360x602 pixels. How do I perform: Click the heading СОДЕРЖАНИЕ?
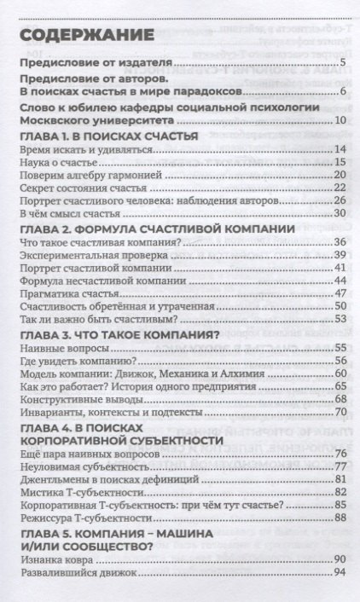81,35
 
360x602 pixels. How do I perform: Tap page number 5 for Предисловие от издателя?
340,64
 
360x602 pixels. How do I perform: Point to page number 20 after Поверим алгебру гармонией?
337,175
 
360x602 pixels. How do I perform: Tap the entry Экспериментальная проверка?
80,256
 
